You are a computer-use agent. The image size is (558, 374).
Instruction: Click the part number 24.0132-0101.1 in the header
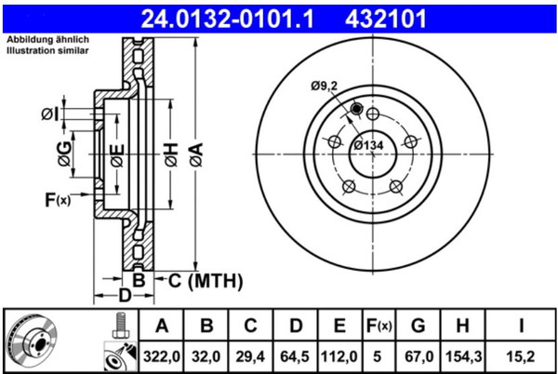pyautogui.click(x=227, y=19)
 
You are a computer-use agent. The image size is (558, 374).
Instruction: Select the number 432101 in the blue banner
pyautogui.click(x=385, y=19)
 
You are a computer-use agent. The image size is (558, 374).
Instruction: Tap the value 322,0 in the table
pyautogui.click(x=162, y=356)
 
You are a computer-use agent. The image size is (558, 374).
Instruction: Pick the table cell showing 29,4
pyautogui.click(x=250, y=356)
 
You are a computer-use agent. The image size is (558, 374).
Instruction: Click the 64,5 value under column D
pyautogui.click(x=295, y=356)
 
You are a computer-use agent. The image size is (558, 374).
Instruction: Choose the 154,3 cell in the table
pyautogui.click(x=462, y=356)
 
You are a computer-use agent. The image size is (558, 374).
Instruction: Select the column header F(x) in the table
pyautogui.click(x=379, y=326)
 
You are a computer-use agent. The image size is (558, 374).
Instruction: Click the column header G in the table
pyautogui.click(x=418, y=326)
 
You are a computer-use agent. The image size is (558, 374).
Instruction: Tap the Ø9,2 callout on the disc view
pyautogui.click(x=324, y=87)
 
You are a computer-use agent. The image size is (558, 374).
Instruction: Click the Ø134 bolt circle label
pyautogui.click(x=368, y=145)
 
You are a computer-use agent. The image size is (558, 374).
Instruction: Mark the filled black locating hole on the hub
pyautogui.click(x=356, y=108)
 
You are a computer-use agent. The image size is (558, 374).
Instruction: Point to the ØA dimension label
pyautogui.click(x=196, y=154)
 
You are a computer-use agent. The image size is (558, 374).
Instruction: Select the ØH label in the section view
pyautogui.click(x=171, y=154)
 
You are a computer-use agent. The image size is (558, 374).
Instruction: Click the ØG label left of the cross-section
pyautogui.click(x=64, y=154)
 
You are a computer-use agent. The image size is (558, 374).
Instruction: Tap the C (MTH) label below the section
pyautogui.click(x=206, y=281)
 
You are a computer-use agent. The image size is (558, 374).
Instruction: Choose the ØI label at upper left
pyautogui.click(x=50, y=114)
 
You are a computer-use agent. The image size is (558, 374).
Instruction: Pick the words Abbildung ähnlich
pyautogui.click(x=47, y=39)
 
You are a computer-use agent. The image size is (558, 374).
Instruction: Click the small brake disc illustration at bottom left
pyautogui.click(x=32, y=340)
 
